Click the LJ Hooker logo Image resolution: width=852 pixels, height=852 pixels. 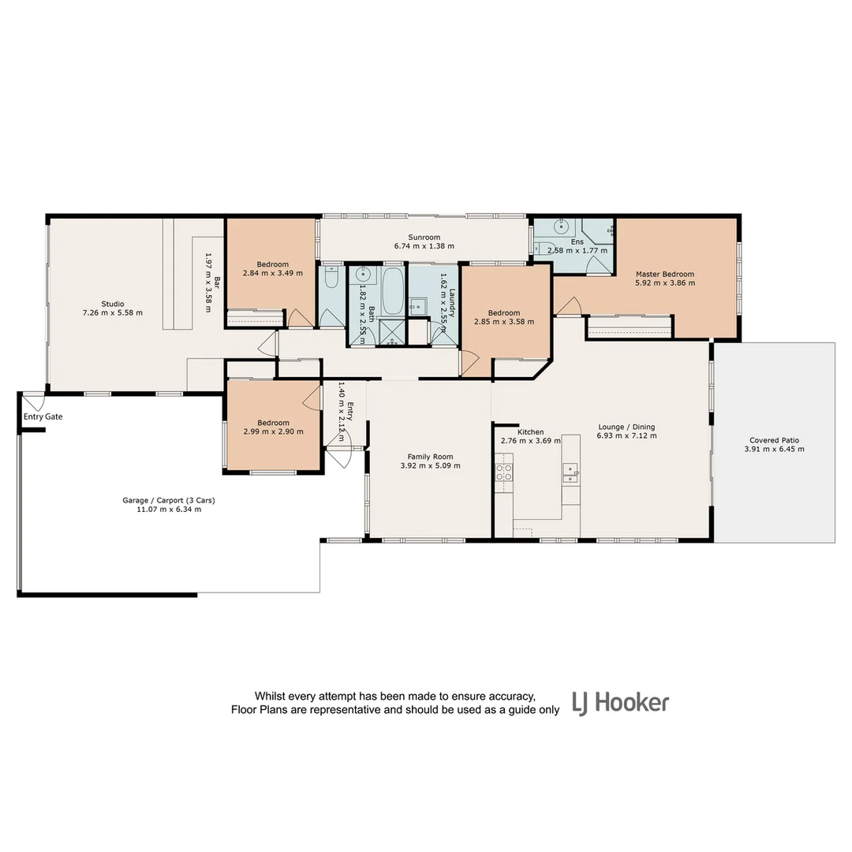pos(620,702)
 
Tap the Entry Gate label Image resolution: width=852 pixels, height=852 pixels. pos(43,417)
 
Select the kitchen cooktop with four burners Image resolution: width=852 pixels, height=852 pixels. pos(503,473)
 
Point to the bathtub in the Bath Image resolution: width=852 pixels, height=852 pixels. pos(392,291)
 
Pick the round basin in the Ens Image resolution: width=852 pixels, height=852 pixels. pos(562,225)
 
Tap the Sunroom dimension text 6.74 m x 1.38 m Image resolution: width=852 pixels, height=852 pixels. pos(424,246)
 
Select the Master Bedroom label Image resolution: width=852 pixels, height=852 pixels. pos(665,274)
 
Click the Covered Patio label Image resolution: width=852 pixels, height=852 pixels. pos(774,440)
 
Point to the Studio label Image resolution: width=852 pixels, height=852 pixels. pos(113,303)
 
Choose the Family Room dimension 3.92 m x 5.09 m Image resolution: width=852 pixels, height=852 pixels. pos(430,465)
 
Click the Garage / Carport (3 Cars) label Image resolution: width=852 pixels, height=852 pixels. pos(169,500)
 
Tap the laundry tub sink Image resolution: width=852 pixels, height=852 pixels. pos(417,306)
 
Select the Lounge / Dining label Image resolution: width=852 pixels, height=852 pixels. pos(626,427)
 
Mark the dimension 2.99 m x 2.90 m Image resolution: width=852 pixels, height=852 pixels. pos(272,432)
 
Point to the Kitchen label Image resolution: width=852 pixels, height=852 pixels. pos(530,432)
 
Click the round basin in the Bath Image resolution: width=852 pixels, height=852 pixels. pos(363,275)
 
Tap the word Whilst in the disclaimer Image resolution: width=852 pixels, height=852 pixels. pos(271,696)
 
